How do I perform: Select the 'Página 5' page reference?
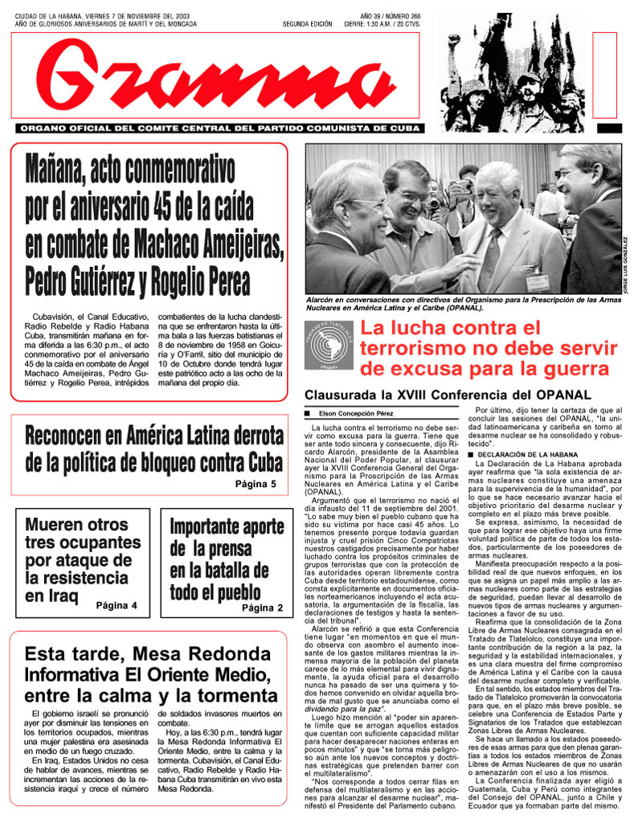pyautogui.click(x=256, y=484)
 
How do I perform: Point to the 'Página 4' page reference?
pyautogui.click(x=117, y=604)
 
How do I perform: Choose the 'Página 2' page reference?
pyautogui.click(x=263, y=608)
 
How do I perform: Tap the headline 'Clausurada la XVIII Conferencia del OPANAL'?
pyautogui.click(x=447, y=395)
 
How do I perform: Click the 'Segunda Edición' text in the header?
pyautogui.click(x=307, y=24)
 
